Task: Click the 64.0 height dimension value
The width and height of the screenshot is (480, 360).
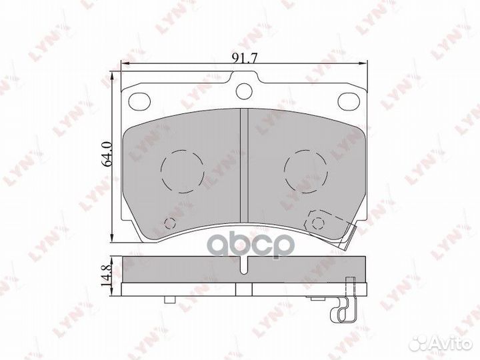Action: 107,154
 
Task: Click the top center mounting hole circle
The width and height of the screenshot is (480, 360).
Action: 244,91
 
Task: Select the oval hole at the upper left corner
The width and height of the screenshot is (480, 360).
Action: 139,101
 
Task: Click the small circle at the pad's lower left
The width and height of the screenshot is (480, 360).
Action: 170,223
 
